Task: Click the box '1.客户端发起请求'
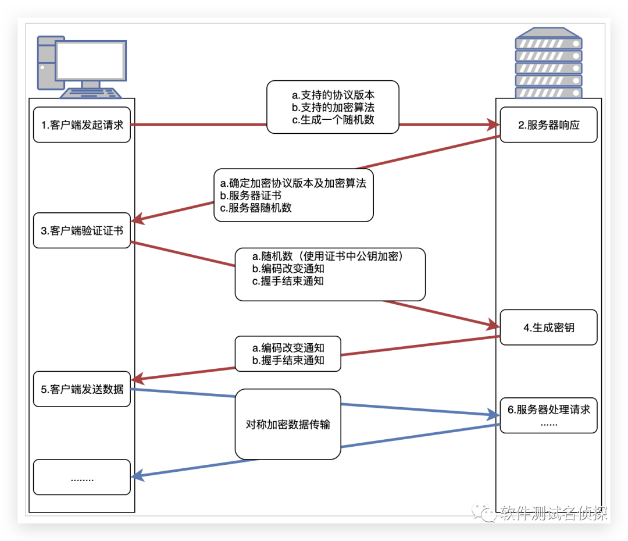[x=82, y=124]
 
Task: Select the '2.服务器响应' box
[x=548, y=124]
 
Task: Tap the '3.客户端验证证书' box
[x=82, y=230]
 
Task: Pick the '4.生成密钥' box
[x=548, y=328]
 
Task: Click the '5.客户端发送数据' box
[x=82, y=389]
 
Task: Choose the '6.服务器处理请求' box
[x=548, y=415]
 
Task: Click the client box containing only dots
[x=82, y=478]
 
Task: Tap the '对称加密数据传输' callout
[x=288, y=424]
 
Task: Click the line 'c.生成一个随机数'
[x=333, y=120]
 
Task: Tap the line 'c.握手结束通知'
[x=288, y=281]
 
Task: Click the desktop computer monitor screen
[x=90, y=60]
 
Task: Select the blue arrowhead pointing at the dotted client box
[x=137, y=477]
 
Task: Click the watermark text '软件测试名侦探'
[x=552, y=513]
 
